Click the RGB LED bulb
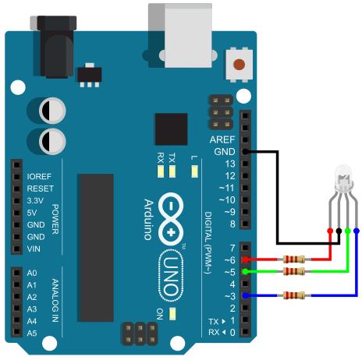343,178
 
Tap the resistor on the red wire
294,259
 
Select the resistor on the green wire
294,271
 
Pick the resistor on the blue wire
294,295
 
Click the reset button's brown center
239,65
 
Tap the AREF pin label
222,139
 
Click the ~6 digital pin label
230,260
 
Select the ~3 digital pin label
230,296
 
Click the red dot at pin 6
245,259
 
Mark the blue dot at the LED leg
357,231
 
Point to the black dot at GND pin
245,151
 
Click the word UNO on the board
171,276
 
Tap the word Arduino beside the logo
148,220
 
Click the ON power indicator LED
172,313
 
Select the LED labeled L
194,171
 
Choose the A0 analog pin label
32,273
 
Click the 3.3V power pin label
35,200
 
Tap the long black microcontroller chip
95,248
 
